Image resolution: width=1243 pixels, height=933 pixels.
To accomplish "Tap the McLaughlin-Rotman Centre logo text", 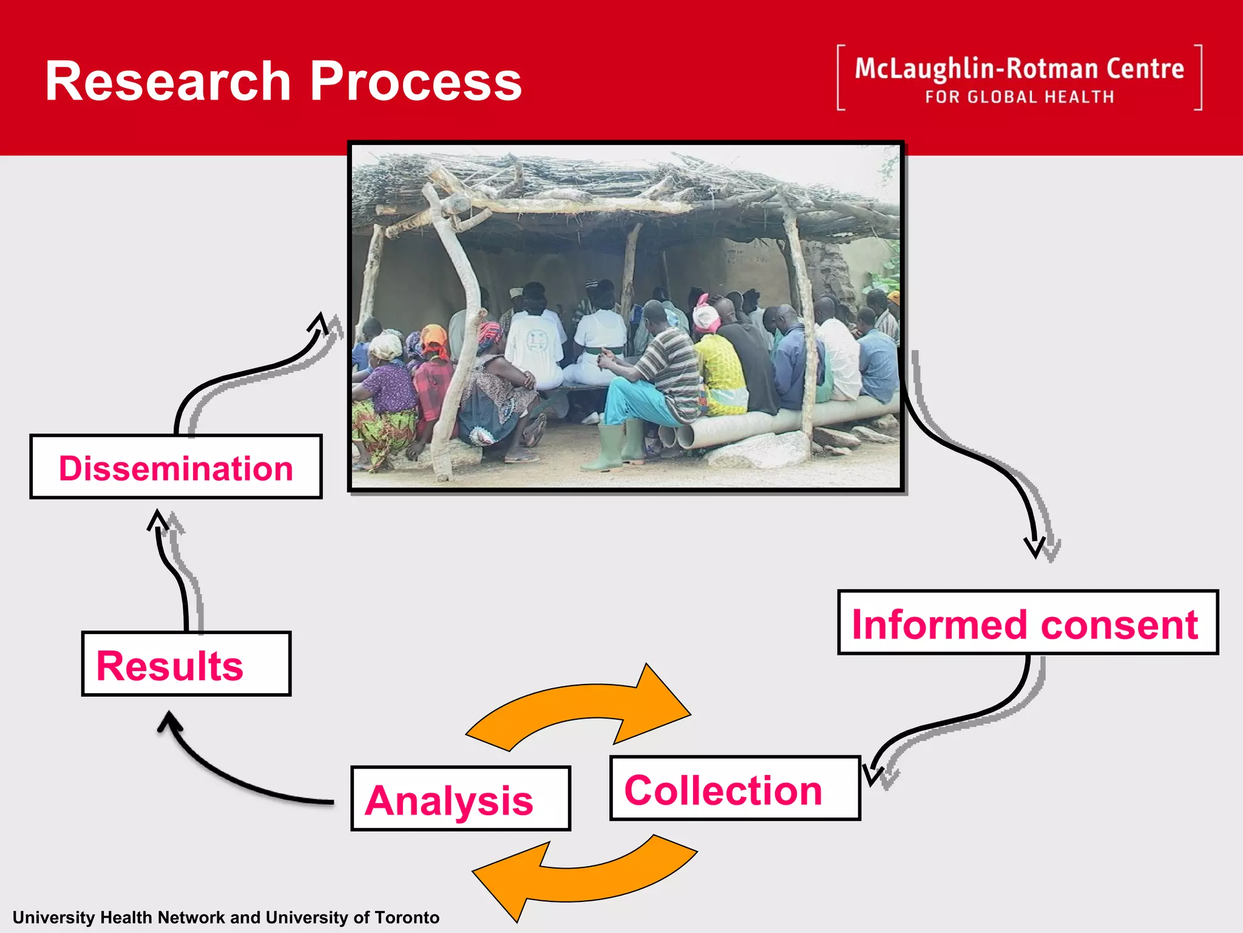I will point(1019,69).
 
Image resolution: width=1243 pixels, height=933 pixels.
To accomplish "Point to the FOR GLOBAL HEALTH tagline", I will point(1019,97).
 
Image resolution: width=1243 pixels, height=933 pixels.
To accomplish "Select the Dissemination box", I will point(175,468).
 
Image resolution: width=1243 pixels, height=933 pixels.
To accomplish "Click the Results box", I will point(186,665).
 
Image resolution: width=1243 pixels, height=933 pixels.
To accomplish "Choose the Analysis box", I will point(460,799).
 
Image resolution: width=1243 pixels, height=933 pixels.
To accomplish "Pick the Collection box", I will point(734,789).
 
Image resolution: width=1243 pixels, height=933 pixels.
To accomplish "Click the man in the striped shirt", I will point(668,364).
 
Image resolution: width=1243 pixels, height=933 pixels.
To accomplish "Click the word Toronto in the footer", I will point(407,917).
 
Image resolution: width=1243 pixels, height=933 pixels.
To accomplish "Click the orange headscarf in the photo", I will point(435,338).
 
